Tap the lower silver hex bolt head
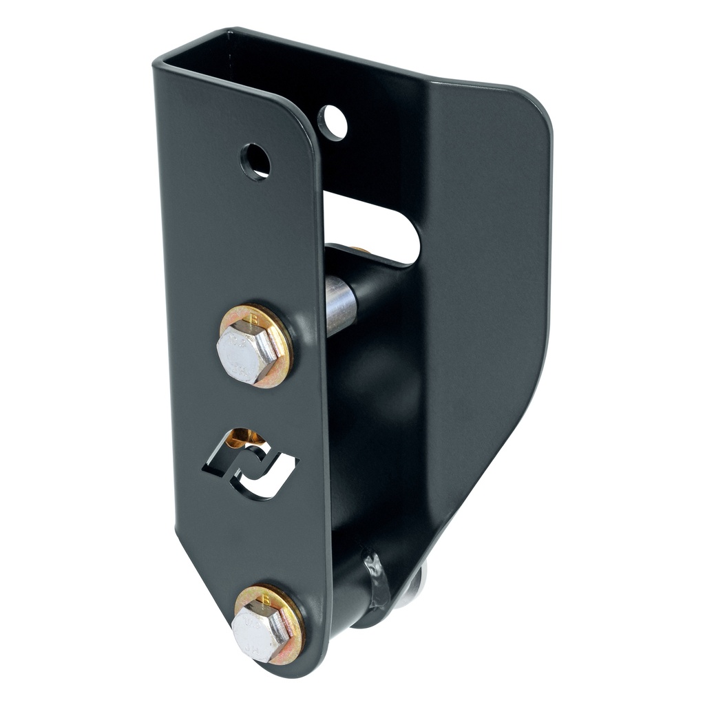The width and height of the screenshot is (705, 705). pos(260,631)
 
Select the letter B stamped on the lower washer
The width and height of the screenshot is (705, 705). pos(267,600)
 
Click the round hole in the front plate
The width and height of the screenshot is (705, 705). pos(255,162)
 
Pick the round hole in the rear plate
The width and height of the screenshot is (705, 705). pos(333,122)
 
